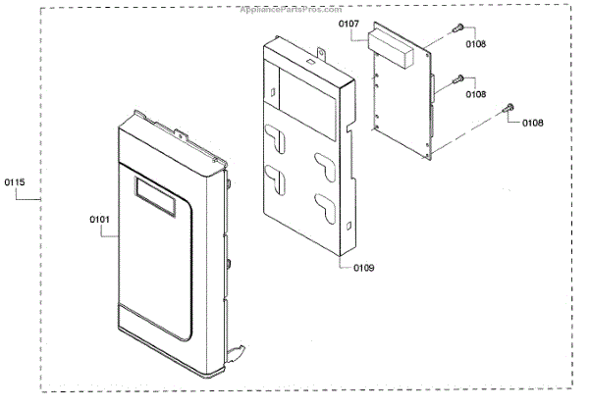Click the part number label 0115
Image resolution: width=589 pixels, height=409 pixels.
[x=15, y=183]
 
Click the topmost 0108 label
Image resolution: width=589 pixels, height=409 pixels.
[x=476, y=45]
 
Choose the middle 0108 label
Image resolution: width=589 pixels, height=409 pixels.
[x=476, y=94]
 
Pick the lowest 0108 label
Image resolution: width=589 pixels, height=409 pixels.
[x=531, y=123]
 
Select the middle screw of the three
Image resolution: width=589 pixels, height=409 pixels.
[x=457, y=79]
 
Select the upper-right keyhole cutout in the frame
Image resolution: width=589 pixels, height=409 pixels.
[x=322, y=161]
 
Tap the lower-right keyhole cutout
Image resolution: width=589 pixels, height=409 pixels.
[x=321, y=204]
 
